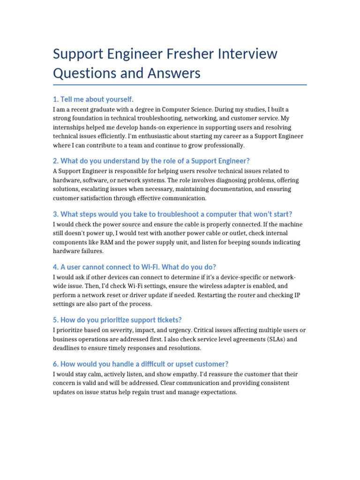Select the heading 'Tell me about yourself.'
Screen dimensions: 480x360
93,99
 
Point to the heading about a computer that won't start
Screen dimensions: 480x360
172,214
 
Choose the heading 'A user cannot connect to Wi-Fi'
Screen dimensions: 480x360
135,267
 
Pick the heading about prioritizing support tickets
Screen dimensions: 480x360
117,320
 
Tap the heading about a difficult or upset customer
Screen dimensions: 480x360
141,364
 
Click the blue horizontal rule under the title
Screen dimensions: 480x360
180,85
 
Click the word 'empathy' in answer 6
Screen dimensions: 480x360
183,375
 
